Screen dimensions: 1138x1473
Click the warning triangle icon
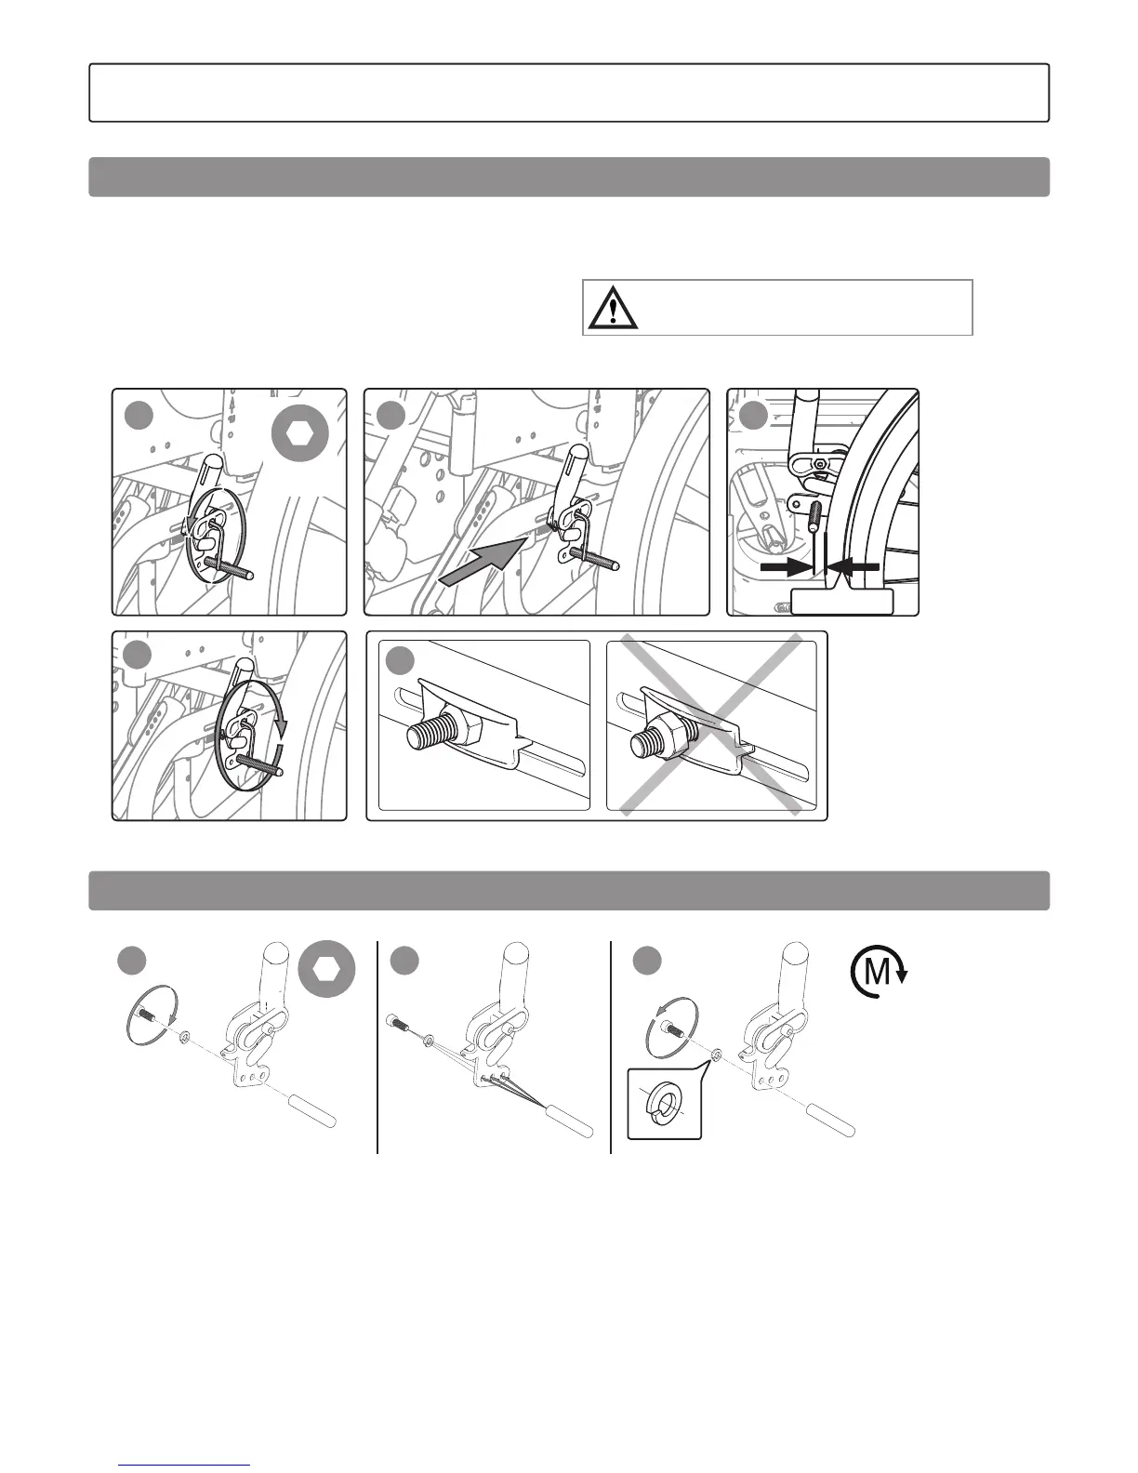click(x=613, y=307)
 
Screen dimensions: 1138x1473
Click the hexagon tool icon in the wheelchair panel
click(x=300, y=433)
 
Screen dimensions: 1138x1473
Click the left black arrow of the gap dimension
click(x=785, y=567)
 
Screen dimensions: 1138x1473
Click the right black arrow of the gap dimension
click(x=853, y=566)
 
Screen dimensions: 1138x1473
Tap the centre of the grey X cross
click(x=711, y=724)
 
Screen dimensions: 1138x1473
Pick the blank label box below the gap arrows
click(x=841, y=603)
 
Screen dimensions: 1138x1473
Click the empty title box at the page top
click(x=569, y=93)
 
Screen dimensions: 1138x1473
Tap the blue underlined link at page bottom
click(x=185, y=1465)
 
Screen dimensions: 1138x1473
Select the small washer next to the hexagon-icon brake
click(x=184, y=1036)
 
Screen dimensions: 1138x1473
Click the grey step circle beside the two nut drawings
click(x=401, y=661)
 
